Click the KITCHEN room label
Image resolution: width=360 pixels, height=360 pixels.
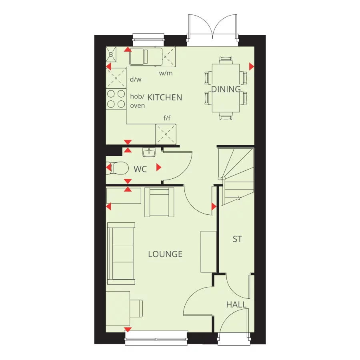165,97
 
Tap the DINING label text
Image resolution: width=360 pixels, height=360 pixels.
226,89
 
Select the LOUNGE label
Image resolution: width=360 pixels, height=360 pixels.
165,254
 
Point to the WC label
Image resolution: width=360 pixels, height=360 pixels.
140,169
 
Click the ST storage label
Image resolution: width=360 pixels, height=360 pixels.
237,239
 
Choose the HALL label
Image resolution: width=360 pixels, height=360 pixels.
236,305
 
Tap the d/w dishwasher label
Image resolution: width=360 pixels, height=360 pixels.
136,79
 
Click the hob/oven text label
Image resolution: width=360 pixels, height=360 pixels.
138,101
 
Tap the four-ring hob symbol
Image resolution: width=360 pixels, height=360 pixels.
116,99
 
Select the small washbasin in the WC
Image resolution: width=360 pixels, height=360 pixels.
149,152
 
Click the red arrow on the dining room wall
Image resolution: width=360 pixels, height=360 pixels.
251,66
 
